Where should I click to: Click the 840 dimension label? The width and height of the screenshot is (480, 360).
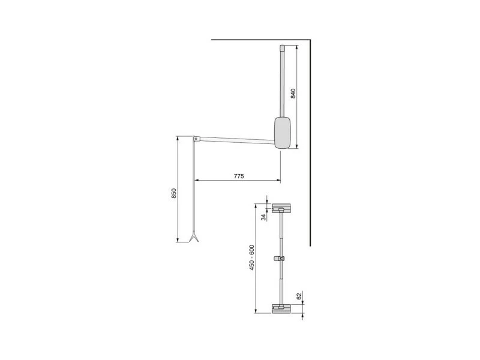tap(293, 94)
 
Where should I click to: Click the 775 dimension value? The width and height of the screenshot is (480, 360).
tap(239, 176)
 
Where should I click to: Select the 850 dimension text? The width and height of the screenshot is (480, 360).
tap(174, 193)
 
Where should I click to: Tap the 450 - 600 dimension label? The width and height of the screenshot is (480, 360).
tap(252, 257)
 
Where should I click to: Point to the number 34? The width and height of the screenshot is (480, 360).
tap(263, 217)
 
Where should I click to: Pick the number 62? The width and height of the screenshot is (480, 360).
tap(299, 296)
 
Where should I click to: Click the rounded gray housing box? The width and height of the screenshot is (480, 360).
tap(282, 133)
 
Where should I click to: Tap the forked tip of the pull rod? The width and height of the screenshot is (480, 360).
tap(194, 238)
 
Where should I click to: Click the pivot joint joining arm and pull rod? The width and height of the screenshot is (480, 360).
tap(196, 139)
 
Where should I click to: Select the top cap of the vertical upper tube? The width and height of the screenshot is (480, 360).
tap(282, 48)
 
